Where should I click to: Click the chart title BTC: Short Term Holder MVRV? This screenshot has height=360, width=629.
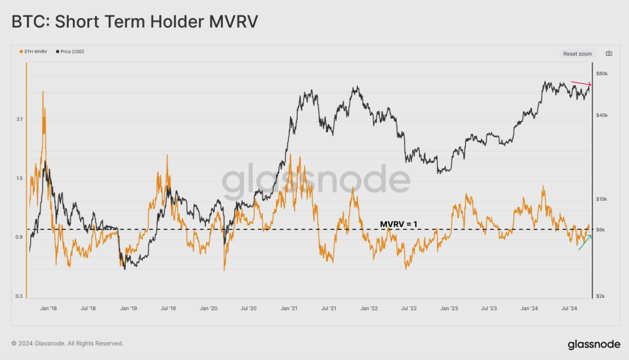click(135, 22)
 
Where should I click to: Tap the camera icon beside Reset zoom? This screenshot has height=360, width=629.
click(609, 54)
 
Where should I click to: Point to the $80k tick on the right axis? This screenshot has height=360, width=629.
click(601, 74)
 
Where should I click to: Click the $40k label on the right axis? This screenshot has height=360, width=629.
click(601, 116)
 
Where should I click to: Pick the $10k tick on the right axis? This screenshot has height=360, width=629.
click(601, 200)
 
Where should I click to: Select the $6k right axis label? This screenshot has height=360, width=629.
click(600, 230)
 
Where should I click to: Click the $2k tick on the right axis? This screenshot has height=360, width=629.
click(600, 296)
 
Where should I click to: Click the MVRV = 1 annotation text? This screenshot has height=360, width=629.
click(399, 224)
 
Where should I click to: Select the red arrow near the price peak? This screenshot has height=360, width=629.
click(582, 83)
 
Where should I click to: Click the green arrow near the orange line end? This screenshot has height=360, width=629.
click(585, 243)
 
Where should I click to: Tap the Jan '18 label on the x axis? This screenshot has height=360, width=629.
click(48, 309)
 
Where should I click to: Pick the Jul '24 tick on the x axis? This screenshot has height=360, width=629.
click(569, 309)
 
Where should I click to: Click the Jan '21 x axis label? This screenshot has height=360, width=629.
click(288, 309)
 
